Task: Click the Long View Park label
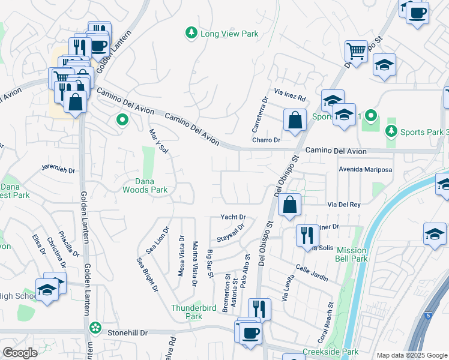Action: click(229, 34)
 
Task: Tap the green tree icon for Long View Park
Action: click(191, 32)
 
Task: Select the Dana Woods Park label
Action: click(145, 185)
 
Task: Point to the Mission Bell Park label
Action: click(352, 254)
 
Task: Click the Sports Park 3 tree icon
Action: click(391, 130)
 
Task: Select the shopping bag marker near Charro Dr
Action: click(295, 120)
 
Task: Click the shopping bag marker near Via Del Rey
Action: click(289, 205)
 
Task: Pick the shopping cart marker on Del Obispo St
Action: click(356, 52)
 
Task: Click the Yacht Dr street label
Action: click(234, 217)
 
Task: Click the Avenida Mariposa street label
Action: click(365, 170)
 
